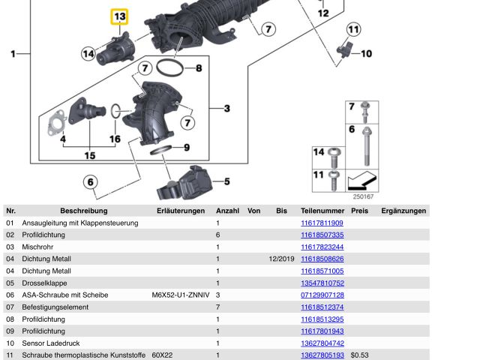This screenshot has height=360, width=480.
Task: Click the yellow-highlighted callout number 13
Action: tap(119, 16)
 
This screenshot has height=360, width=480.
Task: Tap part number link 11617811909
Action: tap(322, 223)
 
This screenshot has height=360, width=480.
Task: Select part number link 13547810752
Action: tap(322, 283)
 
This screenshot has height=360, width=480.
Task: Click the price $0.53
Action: tap(360, 355)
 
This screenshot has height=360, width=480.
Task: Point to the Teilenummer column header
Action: tap(322, 211)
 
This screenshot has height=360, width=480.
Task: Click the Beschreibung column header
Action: tap(84, 211)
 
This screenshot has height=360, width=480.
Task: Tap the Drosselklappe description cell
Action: tap(44, 283)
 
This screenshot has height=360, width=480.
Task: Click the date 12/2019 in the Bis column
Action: tap(281, 259)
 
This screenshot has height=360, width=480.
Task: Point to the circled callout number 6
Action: tap(90, 181)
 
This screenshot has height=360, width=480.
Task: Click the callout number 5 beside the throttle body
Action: tap(226, 181)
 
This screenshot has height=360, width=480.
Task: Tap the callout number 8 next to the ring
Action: tap(199, 69)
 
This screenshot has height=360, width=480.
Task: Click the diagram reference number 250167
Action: tap(362, 196)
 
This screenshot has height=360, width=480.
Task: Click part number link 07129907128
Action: tap(322, 295)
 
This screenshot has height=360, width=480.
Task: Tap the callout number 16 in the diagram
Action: tap(115, 139)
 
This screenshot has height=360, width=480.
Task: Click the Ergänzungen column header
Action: tap(403, 211)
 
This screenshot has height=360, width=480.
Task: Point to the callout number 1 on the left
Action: tap(13, 53)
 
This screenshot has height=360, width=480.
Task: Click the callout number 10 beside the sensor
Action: tap(366, 53)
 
